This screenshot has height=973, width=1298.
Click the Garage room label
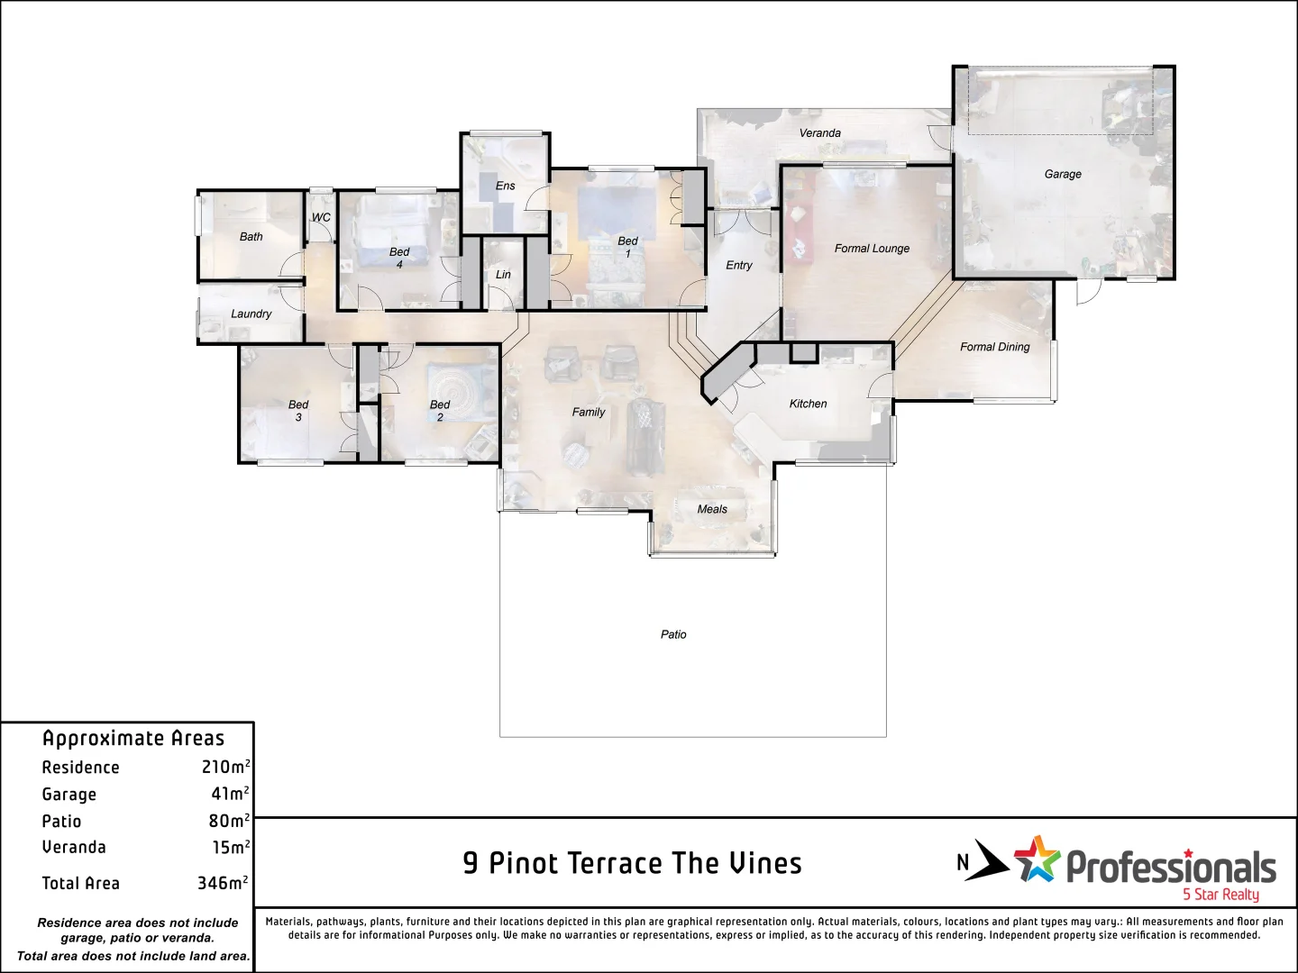click(x=1063, y=174)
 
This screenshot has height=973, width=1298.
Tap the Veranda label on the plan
click(x=819, y=133)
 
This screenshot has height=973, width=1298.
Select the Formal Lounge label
click(x=872, y=249)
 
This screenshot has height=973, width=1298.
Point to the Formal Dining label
click(x=994, y=347)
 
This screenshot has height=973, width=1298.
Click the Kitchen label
click(x=808, y=404)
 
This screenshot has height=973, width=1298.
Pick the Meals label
click(x=712, y=509)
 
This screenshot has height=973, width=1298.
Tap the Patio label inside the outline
click(x=673, y=634)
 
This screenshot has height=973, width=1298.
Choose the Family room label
click(x=589, y=412)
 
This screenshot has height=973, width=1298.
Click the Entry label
click(x=739, y=265)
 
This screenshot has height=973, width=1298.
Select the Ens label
click(x=506, y=186)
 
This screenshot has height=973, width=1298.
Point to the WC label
click(x=321, y=217)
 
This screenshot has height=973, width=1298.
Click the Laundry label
click(x=251, y=314)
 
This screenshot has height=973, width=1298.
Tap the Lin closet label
click(x=503, y=275)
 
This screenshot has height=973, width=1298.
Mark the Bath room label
click(x=251, y=237)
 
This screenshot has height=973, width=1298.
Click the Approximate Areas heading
click(x=133, y=738)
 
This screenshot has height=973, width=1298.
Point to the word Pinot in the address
click(x=526, y=863)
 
